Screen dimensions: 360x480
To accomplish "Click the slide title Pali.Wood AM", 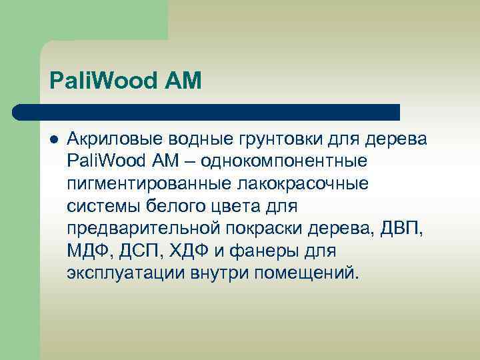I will coord(125,82).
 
